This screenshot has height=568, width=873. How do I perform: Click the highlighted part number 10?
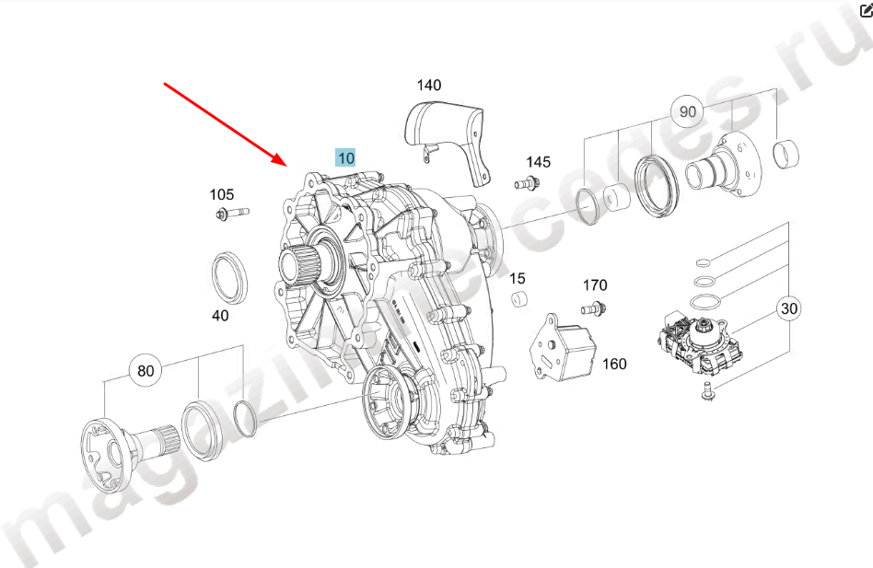pos(345,158)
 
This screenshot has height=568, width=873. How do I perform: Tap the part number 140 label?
pos(429,85)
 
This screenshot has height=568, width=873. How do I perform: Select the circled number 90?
pos(688,111)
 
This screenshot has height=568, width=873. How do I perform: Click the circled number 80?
pos(145,370)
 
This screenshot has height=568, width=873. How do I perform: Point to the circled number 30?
pos(789,308)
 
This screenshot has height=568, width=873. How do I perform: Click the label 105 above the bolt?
pos(222,195)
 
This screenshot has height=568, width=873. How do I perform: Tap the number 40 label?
pos(220,316)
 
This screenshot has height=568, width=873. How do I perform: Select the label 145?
pos(539,162)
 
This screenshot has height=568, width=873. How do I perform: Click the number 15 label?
pos(518,278)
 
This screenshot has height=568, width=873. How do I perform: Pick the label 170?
pos(595,285)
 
